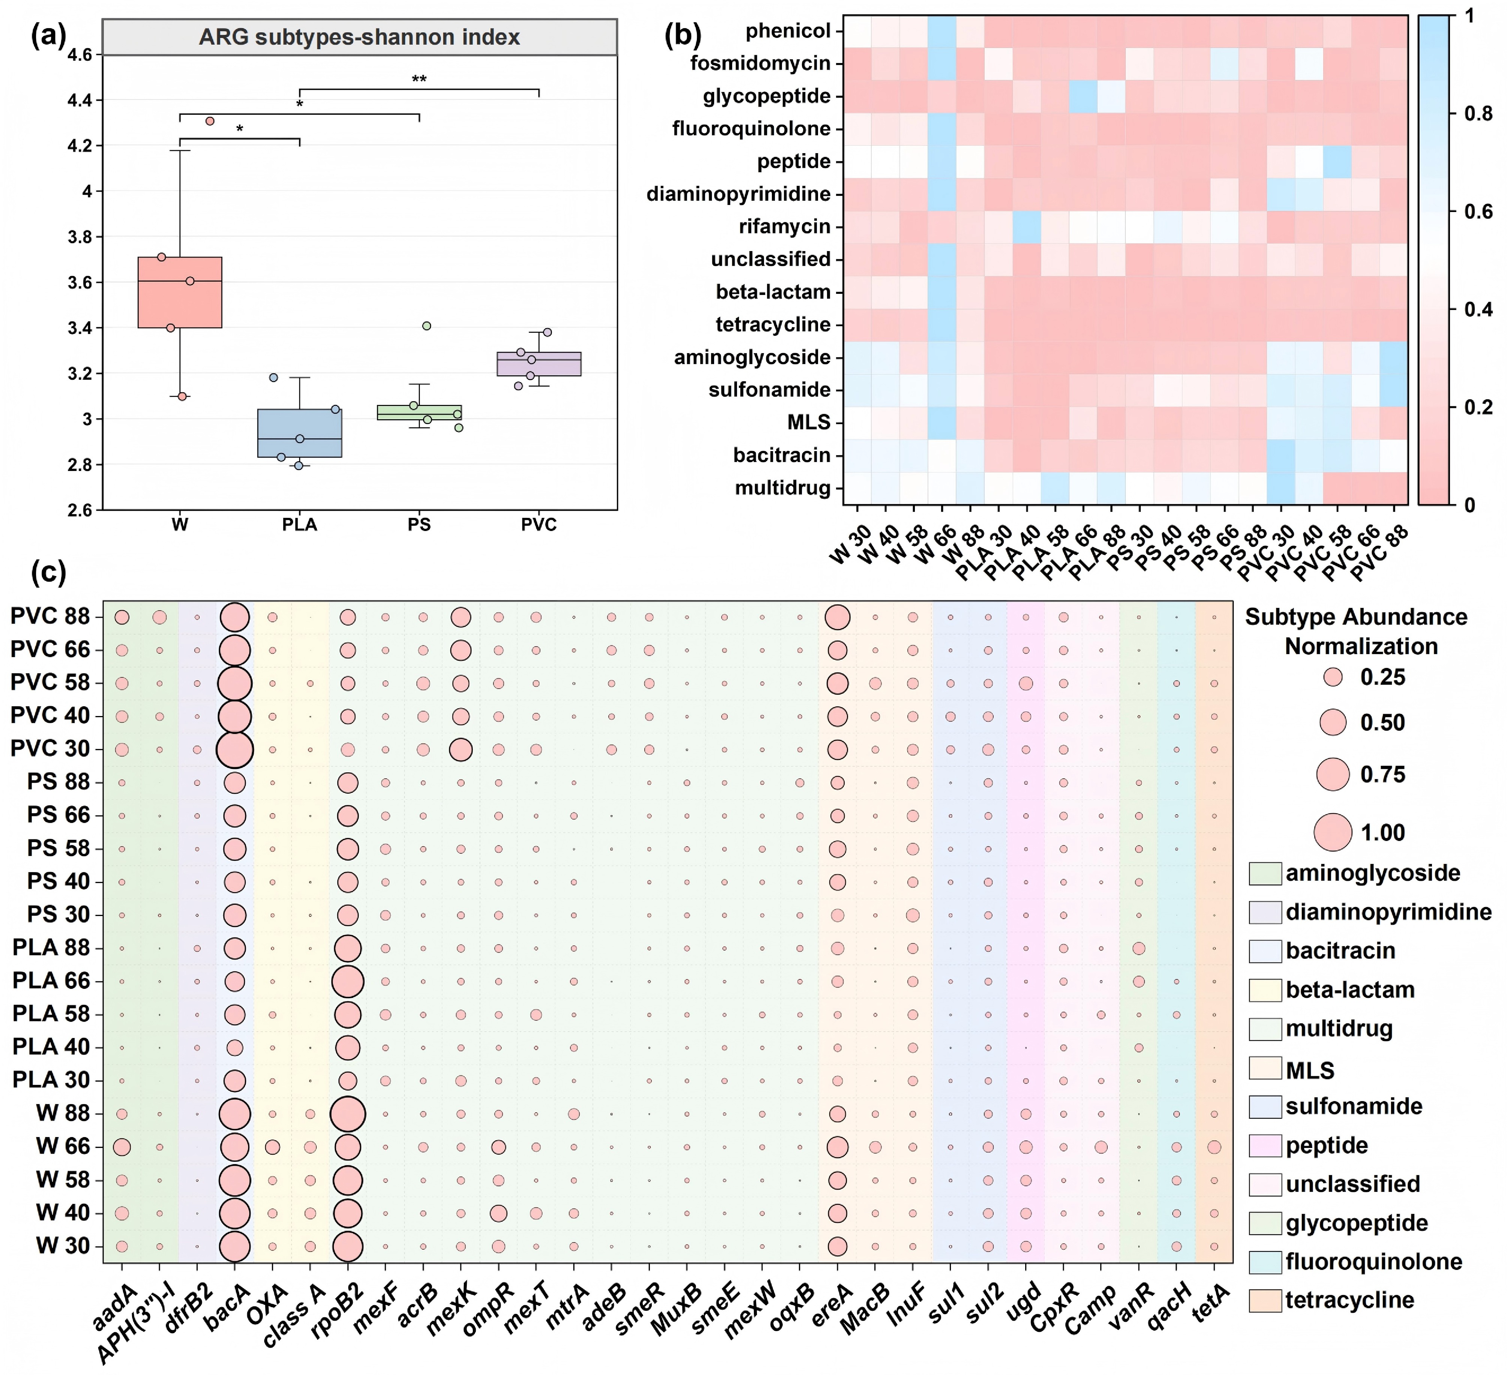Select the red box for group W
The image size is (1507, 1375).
[180, 292]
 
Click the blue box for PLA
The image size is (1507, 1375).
[300, 433]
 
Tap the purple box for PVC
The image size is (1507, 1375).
[539, 364]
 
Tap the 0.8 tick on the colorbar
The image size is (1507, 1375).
[1478, 114]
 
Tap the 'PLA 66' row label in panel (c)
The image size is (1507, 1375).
[51, 981]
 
